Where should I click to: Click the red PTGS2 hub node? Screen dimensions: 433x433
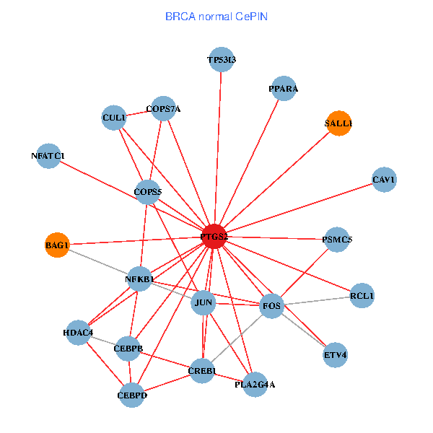pos(214,237)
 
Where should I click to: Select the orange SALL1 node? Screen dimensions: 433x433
pos(338,123)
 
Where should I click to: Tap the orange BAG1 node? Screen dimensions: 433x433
pos(57,245)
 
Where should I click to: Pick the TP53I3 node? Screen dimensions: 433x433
pos(221,60)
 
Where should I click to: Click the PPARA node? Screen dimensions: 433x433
pos(283,89)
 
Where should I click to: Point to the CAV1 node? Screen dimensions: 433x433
pos(384,179)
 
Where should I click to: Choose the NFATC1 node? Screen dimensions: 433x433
pos(48,156)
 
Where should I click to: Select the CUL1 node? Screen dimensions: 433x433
pos(114,118)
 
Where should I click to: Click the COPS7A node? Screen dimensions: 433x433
pos(163,109)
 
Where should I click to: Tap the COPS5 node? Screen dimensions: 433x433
pos(148,191)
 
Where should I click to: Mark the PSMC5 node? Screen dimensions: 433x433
pos(337,239)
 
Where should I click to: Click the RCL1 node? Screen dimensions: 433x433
pos(362,296)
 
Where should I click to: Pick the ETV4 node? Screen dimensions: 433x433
pos(335,355)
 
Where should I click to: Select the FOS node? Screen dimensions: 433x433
pos(271,306)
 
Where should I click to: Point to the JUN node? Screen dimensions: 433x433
pos(204,303)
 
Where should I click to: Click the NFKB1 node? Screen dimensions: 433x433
pos(139,279)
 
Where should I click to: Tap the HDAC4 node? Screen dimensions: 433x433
pos(78,333)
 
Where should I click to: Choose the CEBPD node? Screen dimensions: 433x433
pos(132,395)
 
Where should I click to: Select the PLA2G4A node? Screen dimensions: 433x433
pos(255,384)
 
